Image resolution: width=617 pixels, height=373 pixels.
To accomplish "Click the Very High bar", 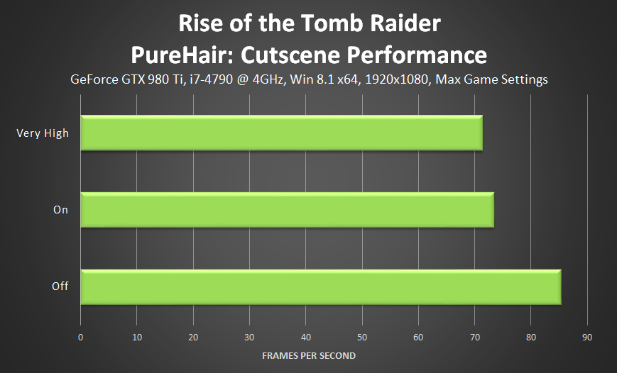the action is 282,133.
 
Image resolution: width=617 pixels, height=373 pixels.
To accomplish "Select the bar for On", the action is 288,210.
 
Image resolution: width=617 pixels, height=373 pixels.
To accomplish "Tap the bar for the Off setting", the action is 321,287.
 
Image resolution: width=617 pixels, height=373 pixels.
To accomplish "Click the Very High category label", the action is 43,133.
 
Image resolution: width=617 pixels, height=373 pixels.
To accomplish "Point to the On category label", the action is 60,210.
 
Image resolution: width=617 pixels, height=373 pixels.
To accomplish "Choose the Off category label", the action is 60,286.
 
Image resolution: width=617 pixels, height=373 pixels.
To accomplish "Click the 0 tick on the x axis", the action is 81,338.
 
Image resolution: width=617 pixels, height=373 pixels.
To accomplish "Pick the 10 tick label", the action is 137,338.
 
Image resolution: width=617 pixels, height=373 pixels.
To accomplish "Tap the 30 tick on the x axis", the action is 249,338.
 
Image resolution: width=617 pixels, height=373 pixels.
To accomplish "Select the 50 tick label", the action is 362,338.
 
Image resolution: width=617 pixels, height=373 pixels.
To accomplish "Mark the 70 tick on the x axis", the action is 474,338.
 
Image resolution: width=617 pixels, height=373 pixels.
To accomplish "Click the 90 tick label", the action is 587,338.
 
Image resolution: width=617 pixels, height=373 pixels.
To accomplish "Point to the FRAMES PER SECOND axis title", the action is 309,356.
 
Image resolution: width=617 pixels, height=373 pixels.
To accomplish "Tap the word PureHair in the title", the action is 182,55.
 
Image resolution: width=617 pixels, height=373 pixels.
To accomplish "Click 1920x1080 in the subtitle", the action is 397,80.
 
